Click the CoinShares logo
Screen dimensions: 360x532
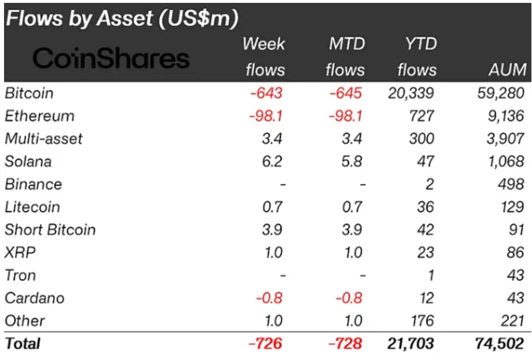[111, 58]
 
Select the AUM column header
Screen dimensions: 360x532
[506, 70]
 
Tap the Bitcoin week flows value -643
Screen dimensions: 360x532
[266, 93]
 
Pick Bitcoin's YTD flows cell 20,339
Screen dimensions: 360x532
[411, 93]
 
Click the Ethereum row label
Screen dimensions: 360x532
[39, 116]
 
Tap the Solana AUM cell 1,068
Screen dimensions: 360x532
[505, 161]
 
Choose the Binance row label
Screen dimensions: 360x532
[33, 184]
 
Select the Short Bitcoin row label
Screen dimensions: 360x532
[50, 229]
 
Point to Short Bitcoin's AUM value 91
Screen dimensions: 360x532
[516, 229]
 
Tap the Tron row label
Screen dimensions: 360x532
[20, 275]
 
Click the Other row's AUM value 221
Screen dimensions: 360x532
[512, 321]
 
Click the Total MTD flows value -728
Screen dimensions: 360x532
[345, 343]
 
